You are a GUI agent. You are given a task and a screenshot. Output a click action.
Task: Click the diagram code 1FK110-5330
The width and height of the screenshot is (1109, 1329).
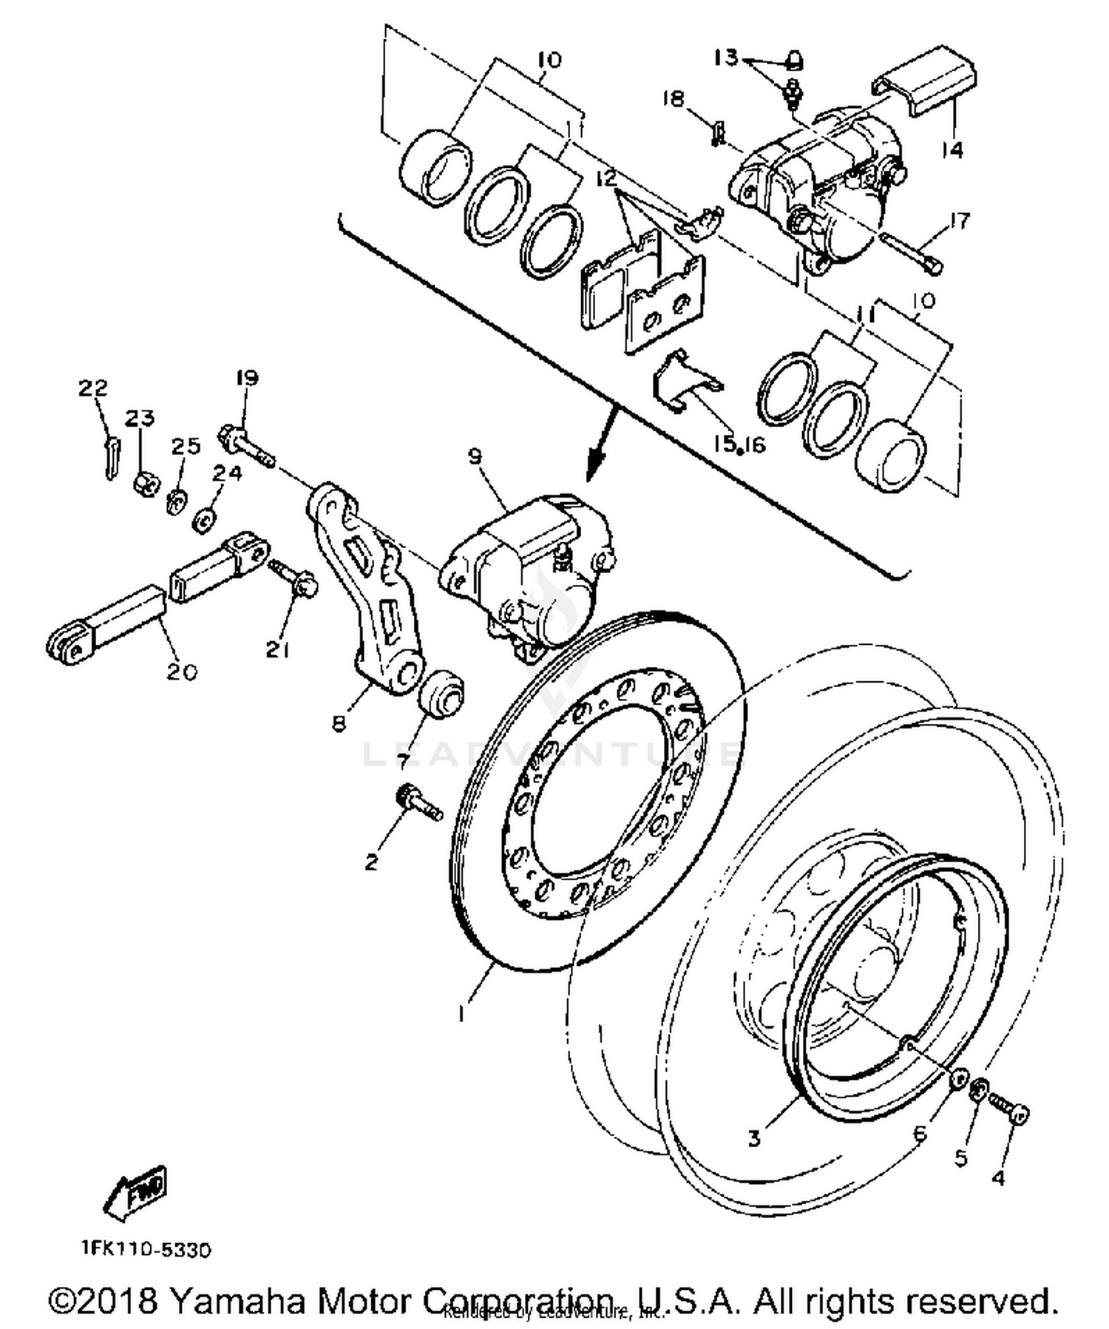tap(146, 1250)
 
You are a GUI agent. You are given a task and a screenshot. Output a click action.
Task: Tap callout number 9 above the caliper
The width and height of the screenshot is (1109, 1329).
tap(474, 456)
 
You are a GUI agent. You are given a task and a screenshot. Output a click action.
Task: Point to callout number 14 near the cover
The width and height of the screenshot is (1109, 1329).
tap(953, 150)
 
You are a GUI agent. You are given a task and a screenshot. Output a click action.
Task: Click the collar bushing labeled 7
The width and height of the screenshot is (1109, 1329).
tap(441, 692)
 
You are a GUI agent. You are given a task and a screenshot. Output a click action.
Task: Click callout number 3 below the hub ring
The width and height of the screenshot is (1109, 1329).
tap(753, 1138)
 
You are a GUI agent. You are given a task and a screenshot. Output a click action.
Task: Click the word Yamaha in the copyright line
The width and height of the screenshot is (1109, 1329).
tap(237, 1301)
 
